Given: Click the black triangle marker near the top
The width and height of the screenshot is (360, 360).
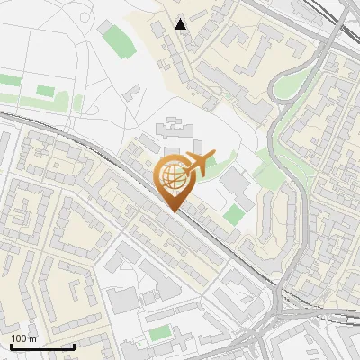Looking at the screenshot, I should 181,24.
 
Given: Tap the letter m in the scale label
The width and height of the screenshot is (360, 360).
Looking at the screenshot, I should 33,338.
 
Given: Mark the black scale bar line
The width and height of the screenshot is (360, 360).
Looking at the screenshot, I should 42,346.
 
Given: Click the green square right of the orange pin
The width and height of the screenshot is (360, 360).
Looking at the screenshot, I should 234,214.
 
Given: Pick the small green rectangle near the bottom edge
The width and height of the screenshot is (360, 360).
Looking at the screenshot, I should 159,333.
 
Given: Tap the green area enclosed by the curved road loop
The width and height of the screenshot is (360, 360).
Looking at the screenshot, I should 290,85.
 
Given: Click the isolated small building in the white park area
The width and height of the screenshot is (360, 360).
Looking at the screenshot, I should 132,92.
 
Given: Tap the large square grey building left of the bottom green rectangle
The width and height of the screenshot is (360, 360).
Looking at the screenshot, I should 125,301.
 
